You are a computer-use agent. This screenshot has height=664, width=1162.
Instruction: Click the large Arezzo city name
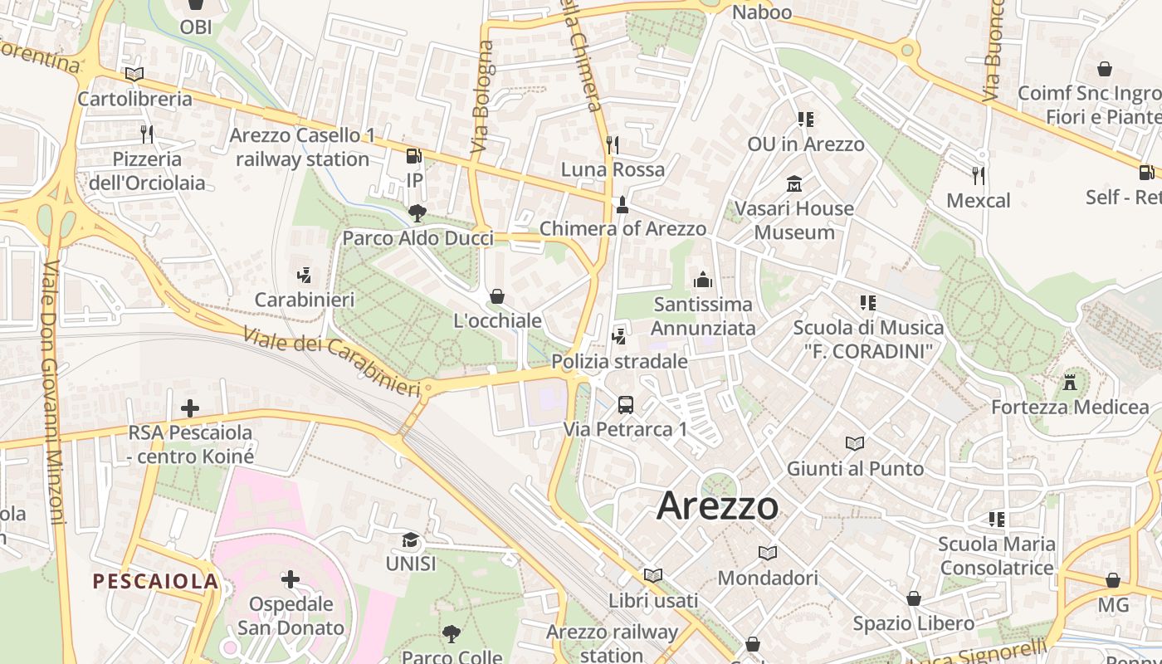coord(718,506)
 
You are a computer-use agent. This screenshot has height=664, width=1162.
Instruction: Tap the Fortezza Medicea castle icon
coord(1070,383)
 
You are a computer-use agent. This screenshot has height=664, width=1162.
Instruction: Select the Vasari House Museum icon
coord(794,183)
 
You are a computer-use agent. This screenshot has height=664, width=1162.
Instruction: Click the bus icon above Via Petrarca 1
coord(626,405)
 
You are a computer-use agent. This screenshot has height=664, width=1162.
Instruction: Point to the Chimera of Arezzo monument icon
coord(622,204)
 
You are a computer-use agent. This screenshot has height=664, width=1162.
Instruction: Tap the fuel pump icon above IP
coord(413,156)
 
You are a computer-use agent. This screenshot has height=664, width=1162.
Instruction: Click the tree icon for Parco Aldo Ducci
coord(417,214)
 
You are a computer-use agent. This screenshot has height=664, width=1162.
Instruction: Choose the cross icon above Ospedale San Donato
coord(290,579)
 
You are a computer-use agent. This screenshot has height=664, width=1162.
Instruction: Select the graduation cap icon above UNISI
coord(411,540)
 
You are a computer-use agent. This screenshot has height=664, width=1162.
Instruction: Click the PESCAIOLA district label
coord(155,581)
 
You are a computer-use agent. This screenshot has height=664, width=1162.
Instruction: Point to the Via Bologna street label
coord(482,97)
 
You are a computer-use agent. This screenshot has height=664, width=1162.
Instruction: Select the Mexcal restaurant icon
coord(979,176)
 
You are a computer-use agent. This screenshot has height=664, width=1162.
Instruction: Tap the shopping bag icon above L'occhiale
coord(497,296)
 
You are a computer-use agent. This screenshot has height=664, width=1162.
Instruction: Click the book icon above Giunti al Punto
coord(855,444)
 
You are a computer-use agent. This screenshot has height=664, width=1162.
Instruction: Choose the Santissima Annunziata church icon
coord(703,280)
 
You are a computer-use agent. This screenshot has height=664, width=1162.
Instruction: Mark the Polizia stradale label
coord(619,362)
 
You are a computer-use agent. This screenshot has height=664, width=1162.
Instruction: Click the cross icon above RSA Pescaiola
coord(190,408)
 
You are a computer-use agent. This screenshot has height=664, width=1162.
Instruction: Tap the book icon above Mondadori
coord(768,553)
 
